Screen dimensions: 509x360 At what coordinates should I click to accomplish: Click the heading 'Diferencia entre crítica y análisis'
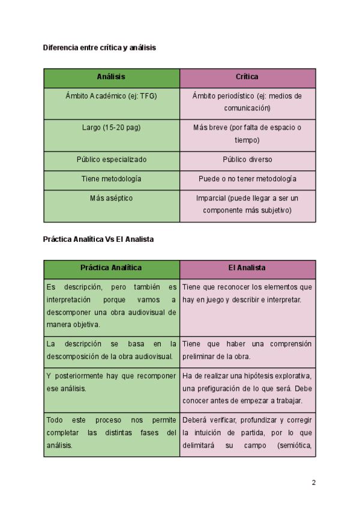pos(100,47)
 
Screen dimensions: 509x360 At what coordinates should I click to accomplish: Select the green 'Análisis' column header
pos(111,77)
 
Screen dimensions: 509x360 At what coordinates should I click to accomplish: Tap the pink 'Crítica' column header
pos(247,77)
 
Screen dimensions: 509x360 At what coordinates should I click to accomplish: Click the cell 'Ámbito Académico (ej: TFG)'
pos(111,96)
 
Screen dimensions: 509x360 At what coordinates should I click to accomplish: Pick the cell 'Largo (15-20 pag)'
pos(111,128)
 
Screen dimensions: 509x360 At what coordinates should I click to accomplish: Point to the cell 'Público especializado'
pos(111,160)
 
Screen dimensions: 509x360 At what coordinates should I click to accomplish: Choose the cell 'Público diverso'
pos(247,160)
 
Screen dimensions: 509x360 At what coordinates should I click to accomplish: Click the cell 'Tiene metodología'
pos(111,179)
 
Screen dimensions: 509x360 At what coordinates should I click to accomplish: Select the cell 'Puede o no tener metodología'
pos(247,179)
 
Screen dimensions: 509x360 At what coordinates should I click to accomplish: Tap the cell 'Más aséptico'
pos(111,198)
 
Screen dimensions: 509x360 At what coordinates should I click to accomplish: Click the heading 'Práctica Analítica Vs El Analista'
pos(98,239)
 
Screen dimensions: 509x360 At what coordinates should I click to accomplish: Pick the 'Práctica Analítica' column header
pos(111,268)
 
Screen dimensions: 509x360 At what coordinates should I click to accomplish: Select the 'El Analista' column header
pos(247,268)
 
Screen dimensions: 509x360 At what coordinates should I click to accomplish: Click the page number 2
pos(313,483)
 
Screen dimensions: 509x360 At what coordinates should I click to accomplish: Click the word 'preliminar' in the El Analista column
pos(199,357)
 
